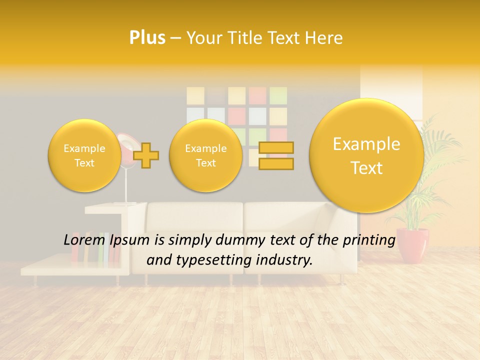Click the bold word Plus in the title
(x=147, y=38)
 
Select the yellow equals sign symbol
(x=276, y=155)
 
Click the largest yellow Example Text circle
(x=366, y=155)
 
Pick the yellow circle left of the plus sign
(x=84, y=155)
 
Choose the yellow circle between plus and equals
(x=205, y=155)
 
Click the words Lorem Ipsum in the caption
(x=106, y=240)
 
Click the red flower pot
(x=413, y=245)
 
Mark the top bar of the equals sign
(x=276, y=147)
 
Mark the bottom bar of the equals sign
(x=276, y=163)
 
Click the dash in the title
(x=175, y=38)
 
